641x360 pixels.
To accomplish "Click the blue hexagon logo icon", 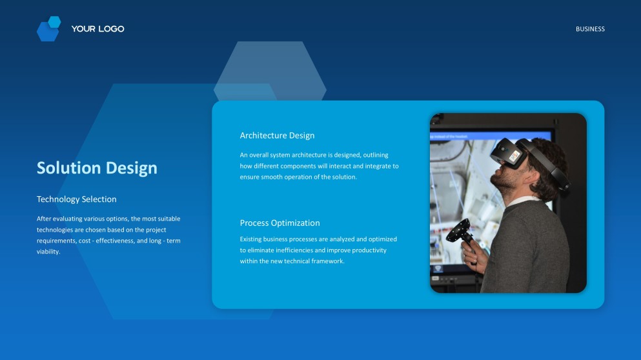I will tap(48, 29).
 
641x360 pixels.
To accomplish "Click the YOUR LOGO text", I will tap(97, 29).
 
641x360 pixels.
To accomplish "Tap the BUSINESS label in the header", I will tap(590, 29).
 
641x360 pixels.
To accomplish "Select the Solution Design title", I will tap(97, 168).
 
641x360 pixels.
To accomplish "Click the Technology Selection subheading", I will tap(76, 199).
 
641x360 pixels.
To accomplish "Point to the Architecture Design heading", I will tap(277, 135).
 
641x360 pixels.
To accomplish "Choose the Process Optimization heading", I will tap(280, 223).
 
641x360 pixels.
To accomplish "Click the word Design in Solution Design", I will tap(131, 168).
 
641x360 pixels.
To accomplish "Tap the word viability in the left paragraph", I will tap(48, 252).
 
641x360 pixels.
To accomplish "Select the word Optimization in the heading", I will tap(295, 223).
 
